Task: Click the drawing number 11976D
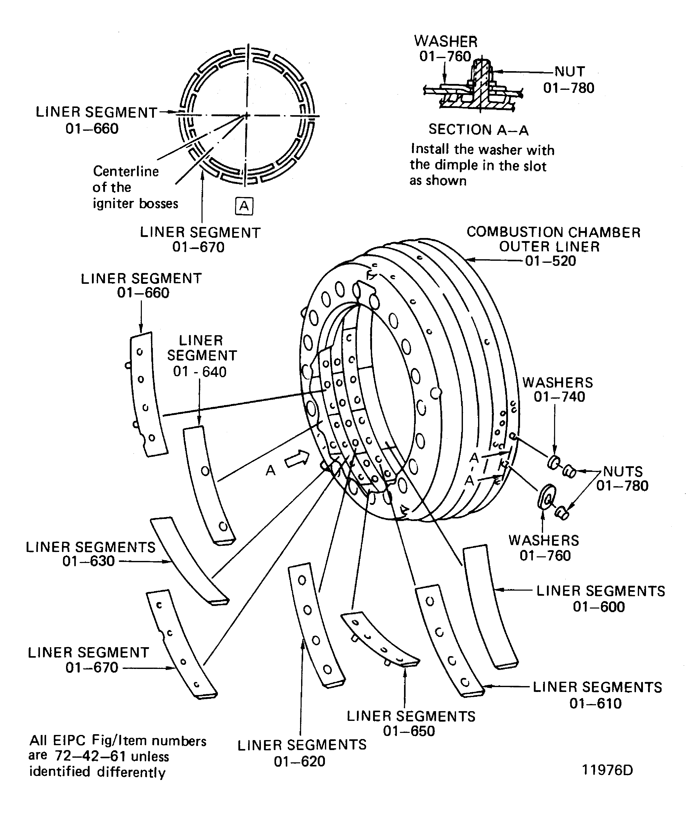pyautogui.click(x=607, y=770)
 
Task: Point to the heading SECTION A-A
pyautogui.click(x=478, y=130)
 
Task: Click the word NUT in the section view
pyautogui.click(x=570, y=72)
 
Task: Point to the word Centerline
pyautogui.click(x=126, y=171)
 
